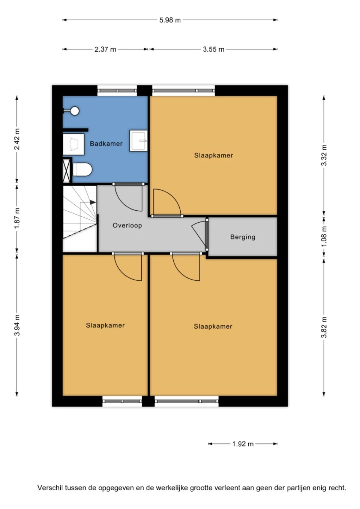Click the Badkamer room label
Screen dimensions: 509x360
point(106,144)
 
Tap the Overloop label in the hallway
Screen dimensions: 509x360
point(127,225)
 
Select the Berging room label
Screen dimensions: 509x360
point(243,237)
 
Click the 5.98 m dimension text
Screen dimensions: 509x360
point(170,20)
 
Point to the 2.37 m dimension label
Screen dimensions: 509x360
point(105,49)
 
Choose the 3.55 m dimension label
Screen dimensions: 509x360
point(213,49)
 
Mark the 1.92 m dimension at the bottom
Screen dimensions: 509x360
point(243,444)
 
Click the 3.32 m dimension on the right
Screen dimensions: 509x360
point(324,155)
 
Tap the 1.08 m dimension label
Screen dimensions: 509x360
point(324,236)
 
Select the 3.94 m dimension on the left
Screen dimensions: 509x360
point(17,325)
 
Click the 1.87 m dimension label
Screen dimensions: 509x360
point(17,219)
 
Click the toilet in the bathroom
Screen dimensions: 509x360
point(82,170)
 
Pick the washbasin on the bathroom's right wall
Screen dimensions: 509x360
point(138,141)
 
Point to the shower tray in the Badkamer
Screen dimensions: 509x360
point(73,144)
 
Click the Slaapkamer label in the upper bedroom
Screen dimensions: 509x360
point(213,155)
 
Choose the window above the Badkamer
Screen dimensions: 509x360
point(117,90)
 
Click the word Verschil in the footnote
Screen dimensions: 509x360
point(50,488)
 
